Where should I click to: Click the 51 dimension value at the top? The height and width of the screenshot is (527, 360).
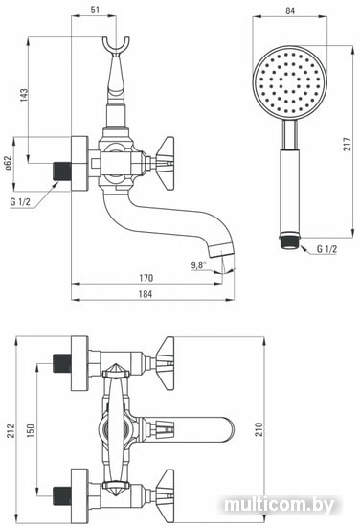[96, 10]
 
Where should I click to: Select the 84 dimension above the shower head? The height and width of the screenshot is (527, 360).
[290, 11]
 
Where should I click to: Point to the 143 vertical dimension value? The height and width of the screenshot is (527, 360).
[24, 95]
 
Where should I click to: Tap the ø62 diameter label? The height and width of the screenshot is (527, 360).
[9, 163]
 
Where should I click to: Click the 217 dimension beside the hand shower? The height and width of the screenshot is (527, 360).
[347, 144]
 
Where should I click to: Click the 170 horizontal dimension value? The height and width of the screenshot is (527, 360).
[146, 278]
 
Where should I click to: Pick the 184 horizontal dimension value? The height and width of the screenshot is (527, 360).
[146, 294]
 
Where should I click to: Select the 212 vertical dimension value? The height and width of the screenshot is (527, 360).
[11, 430]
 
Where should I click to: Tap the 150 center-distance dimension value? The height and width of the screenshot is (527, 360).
[31, 430]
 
